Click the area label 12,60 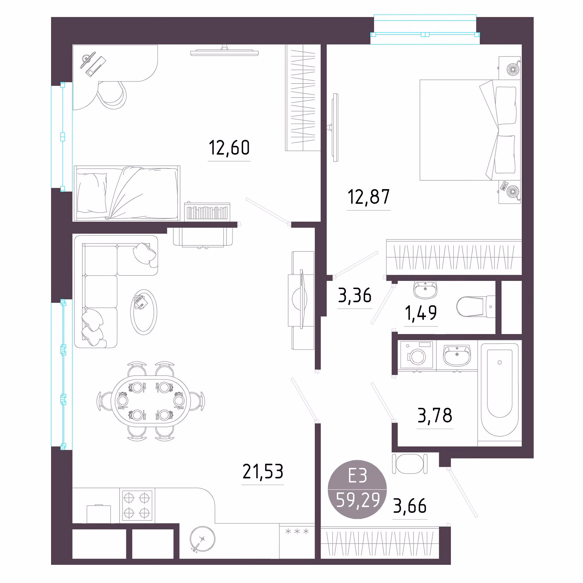pyautogui.click(x=229, y=148)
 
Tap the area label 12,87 pyautogui.click(x=369, y=197)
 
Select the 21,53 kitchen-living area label pyautogui.click(x=263, y=472)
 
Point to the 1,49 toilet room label pyautogui.click(x=421, y=313)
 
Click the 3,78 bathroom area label pyautogui.click(x=435, y=416)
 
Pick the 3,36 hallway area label pyautogui.click(x=355, y=295)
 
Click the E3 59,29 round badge pyautogui.click(x=357, y=489)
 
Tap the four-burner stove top pyautogui.click(x=137, y=506)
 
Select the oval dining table pyautogui.click(x=151, y=401)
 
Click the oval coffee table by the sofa pyautogui.click(x=144, y=312)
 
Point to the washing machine pyautogui.click(x=417, y=355)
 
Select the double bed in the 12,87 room pyautogui.click(x=470, y=130)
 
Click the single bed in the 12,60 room pyautogui.click(x=127, y=193)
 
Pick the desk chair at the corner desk pyautogui.click(x=112, y=95)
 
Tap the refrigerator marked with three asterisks pyautogui.click(x=297, y=541)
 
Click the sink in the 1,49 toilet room pyautogui.click(x=425, y=289)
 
